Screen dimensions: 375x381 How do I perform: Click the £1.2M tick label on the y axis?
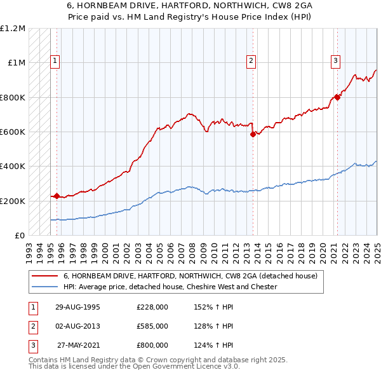click(x=13, y=29)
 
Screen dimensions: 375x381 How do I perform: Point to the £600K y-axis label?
click(x=13, y=132)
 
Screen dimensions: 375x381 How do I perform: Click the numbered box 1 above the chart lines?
click(x=56, y=61)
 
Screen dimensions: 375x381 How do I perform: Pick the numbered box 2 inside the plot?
click(x=251, y=61)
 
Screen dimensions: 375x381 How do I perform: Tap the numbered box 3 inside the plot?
click(x=335, y=61)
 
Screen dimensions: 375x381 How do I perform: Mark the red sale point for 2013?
click(x=253, y=134)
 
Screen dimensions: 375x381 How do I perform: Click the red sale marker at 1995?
click(x=57, y=196)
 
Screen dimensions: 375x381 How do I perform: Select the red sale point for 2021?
click(x=337, y=97)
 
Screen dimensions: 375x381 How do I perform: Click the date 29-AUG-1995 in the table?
click(x=78, y=307)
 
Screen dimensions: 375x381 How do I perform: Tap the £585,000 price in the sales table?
click(x=152, y=326)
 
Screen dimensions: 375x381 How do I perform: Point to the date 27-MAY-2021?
click(x=78, y=345)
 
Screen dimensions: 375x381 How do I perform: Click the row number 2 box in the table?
click(x=31, y=326)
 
